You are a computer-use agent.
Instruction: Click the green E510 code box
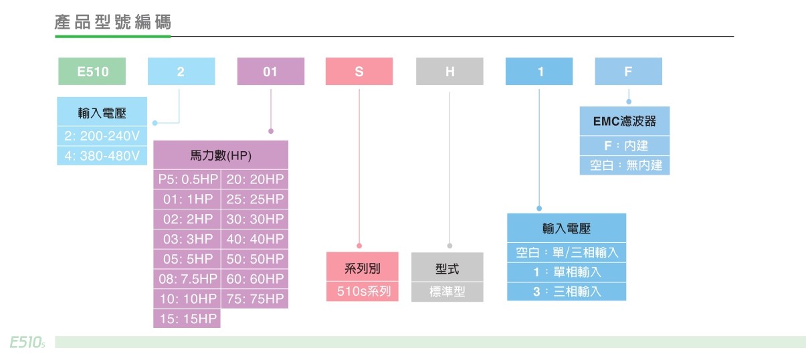click(92, 72)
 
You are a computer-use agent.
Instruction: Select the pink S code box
click(359, 72)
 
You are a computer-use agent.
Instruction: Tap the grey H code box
click(449, 72)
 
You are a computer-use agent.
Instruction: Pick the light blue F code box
click(628, 72)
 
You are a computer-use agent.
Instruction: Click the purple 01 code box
click(270, 72)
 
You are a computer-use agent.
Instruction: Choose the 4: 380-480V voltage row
click(102, 156)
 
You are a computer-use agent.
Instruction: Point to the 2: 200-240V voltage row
click(102, 136)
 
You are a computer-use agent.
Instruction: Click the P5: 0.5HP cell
click(187, 179)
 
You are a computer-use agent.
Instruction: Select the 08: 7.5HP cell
click(187, 278)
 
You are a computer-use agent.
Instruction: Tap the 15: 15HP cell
click(187, 319)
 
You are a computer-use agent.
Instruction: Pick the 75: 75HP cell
click(255, 298)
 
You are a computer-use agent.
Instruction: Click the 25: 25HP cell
click(255, 199)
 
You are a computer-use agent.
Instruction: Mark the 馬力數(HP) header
click(221, 156)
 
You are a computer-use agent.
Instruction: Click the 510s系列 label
click(363, 292)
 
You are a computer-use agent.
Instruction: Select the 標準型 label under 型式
click(447, 292)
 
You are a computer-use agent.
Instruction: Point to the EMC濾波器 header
click(625, 122)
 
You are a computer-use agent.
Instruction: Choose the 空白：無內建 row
click(625, 165)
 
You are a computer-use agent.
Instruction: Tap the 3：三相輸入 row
click(567, 292)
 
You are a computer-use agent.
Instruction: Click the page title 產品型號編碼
click(113, 22)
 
